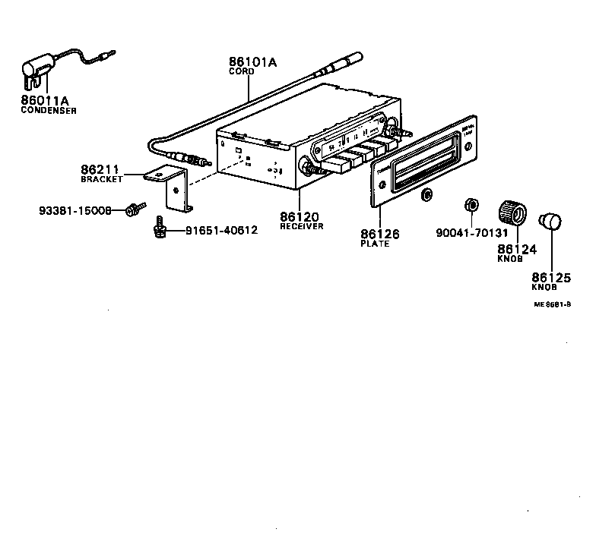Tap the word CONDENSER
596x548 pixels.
pos(49,111)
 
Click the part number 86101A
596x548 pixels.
pos(254,62)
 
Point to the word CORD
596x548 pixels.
pos(243,71)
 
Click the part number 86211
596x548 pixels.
pos(100,169)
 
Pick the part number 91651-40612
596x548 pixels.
pos(217,230)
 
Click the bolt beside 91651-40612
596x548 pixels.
pos(160,225)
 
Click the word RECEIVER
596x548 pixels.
pos(302,226)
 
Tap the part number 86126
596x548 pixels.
pos(379,234)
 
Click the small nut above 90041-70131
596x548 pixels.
pos(471,205)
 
